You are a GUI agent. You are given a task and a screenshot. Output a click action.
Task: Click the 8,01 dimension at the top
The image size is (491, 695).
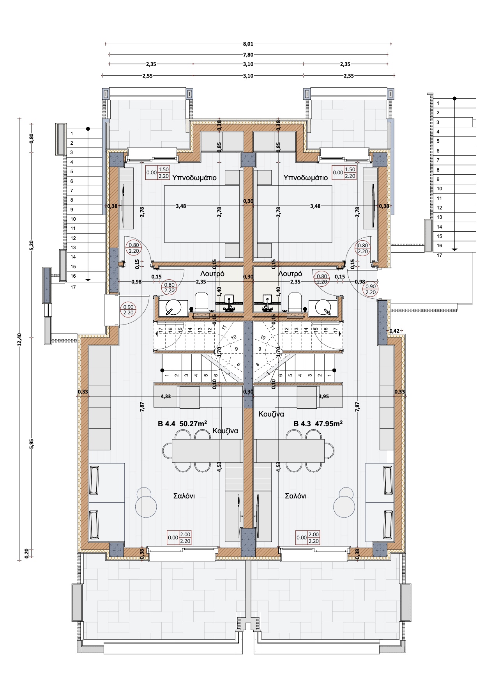(248, 44)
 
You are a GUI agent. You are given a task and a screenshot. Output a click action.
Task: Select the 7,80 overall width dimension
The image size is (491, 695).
(248, 55)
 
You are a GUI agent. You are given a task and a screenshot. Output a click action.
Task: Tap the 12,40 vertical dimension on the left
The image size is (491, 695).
(20, 339)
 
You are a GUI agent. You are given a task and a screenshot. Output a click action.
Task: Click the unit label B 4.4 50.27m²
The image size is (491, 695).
(182, 424)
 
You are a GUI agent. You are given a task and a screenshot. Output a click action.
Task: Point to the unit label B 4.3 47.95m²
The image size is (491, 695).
(318, 424)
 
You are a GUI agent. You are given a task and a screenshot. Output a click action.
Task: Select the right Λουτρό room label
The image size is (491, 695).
(290, 274)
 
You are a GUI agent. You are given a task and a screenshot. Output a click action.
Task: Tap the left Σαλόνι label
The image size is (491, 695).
(184, 496)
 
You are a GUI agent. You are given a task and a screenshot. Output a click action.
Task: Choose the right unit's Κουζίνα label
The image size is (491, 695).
(272, 414)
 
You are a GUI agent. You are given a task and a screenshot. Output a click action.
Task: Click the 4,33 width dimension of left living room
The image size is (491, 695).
(166, 396)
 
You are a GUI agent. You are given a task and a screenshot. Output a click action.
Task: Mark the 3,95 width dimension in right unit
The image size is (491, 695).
(324, 396)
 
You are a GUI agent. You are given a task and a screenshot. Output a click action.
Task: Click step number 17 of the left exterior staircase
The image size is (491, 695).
(73, 287)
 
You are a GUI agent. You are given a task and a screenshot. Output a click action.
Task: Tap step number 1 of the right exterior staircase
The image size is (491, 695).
(438, 103)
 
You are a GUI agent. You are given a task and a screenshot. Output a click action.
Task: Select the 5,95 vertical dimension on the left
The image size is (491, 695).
(32, 444)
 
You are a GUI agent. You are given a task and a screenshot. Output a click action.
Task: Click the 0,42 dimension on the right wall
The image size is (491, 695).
(394, 331)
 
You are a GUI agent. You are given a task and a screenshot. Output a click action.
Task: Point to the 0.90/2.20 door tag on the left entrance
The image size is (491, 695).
(128, 310)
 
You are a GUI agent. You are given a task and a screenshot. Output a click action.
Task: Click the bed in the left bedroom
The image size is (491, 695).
(202, 214)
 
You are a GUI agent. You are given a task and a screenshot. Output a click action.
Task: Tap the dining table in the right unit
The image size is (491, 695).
(290, 450)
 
